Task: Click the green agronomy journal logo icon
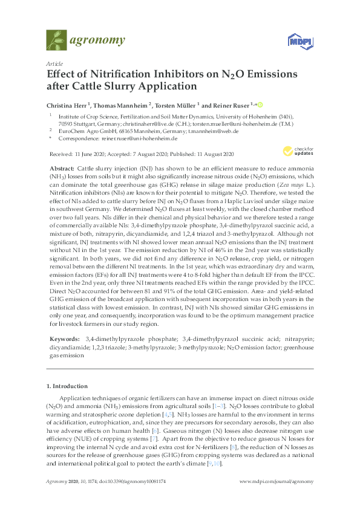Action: pos(56,41)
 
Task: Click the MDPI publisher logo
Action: pos(301,41)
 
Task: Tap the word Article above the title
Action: pos(54,63)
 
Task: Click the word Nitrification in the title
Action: pos(116,74)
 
